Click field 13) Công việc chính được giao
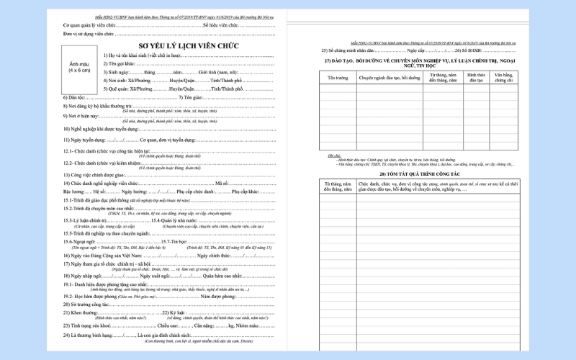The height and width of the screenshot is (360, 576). pos(94,174)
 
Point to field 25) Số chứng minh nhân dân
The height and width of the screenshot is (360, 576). pos(353,51)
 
